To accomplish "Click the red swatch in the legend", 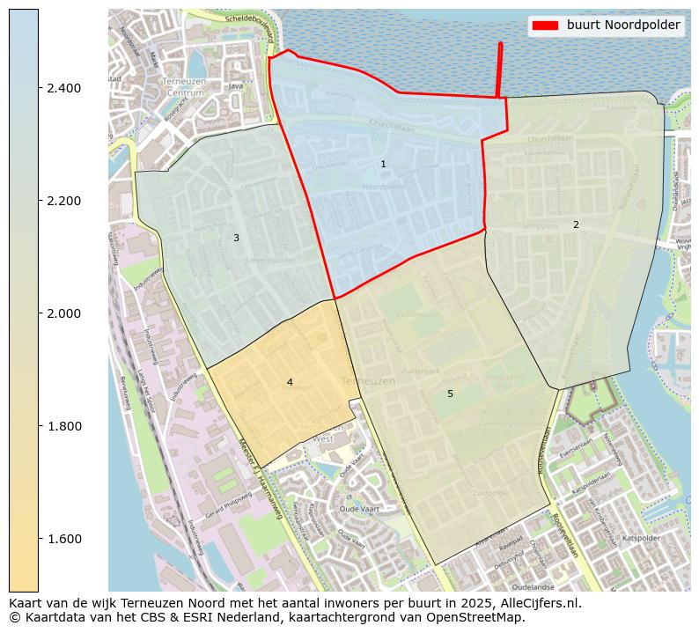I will point(546,26).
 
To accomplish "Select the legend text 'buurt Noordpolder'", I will point(623,26).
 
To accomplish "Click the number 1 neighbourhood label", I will point(383,165).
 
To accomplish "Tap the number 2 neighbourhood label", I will point(576,224).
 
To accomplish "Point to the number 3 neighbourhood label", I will point(236,238).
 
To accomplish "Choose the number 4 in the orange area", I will point(290,382).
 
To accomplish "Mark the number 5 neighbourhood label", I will point(450,394).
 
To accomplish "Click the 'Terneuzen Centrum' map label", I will point(184,86).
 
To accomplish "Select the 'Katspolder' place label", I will point(641,537).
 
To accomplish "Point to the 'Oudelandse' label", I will point(533,586).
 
